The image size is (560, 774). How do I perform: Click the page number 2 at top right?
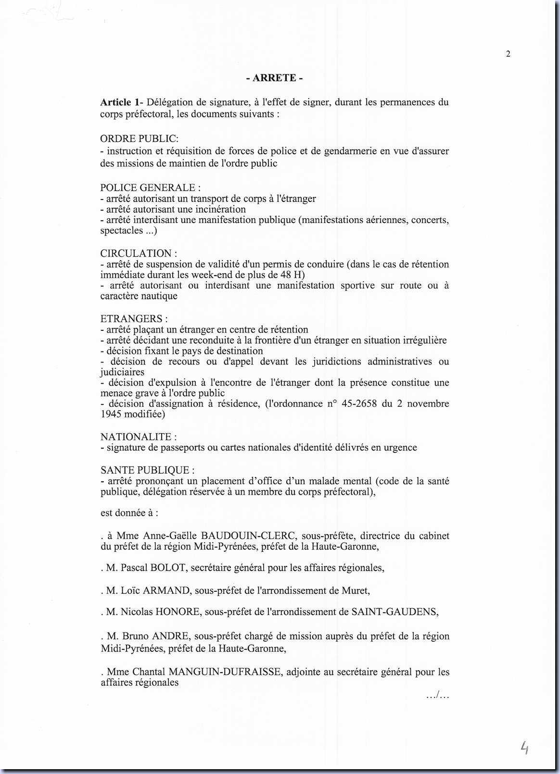[508, 54]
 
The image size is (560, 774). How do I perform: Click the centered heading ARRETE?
[274, 78]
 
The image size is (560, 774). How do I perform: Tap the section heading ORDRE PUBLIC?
[139, 138]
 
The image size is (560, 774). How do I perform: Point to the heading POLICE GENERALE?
[150, 187]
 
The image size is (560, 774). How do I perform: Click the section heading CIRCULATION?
[139, 253]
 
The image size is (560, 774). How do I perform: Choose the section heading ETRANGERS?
[134, 319]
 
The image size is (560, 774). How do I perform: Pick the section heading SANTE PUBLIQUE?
[147, 470]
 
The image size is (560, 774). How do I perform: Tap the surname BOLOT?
[167, 568]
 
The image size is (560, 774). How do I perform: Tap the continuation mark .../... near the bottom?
[437, 696]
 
